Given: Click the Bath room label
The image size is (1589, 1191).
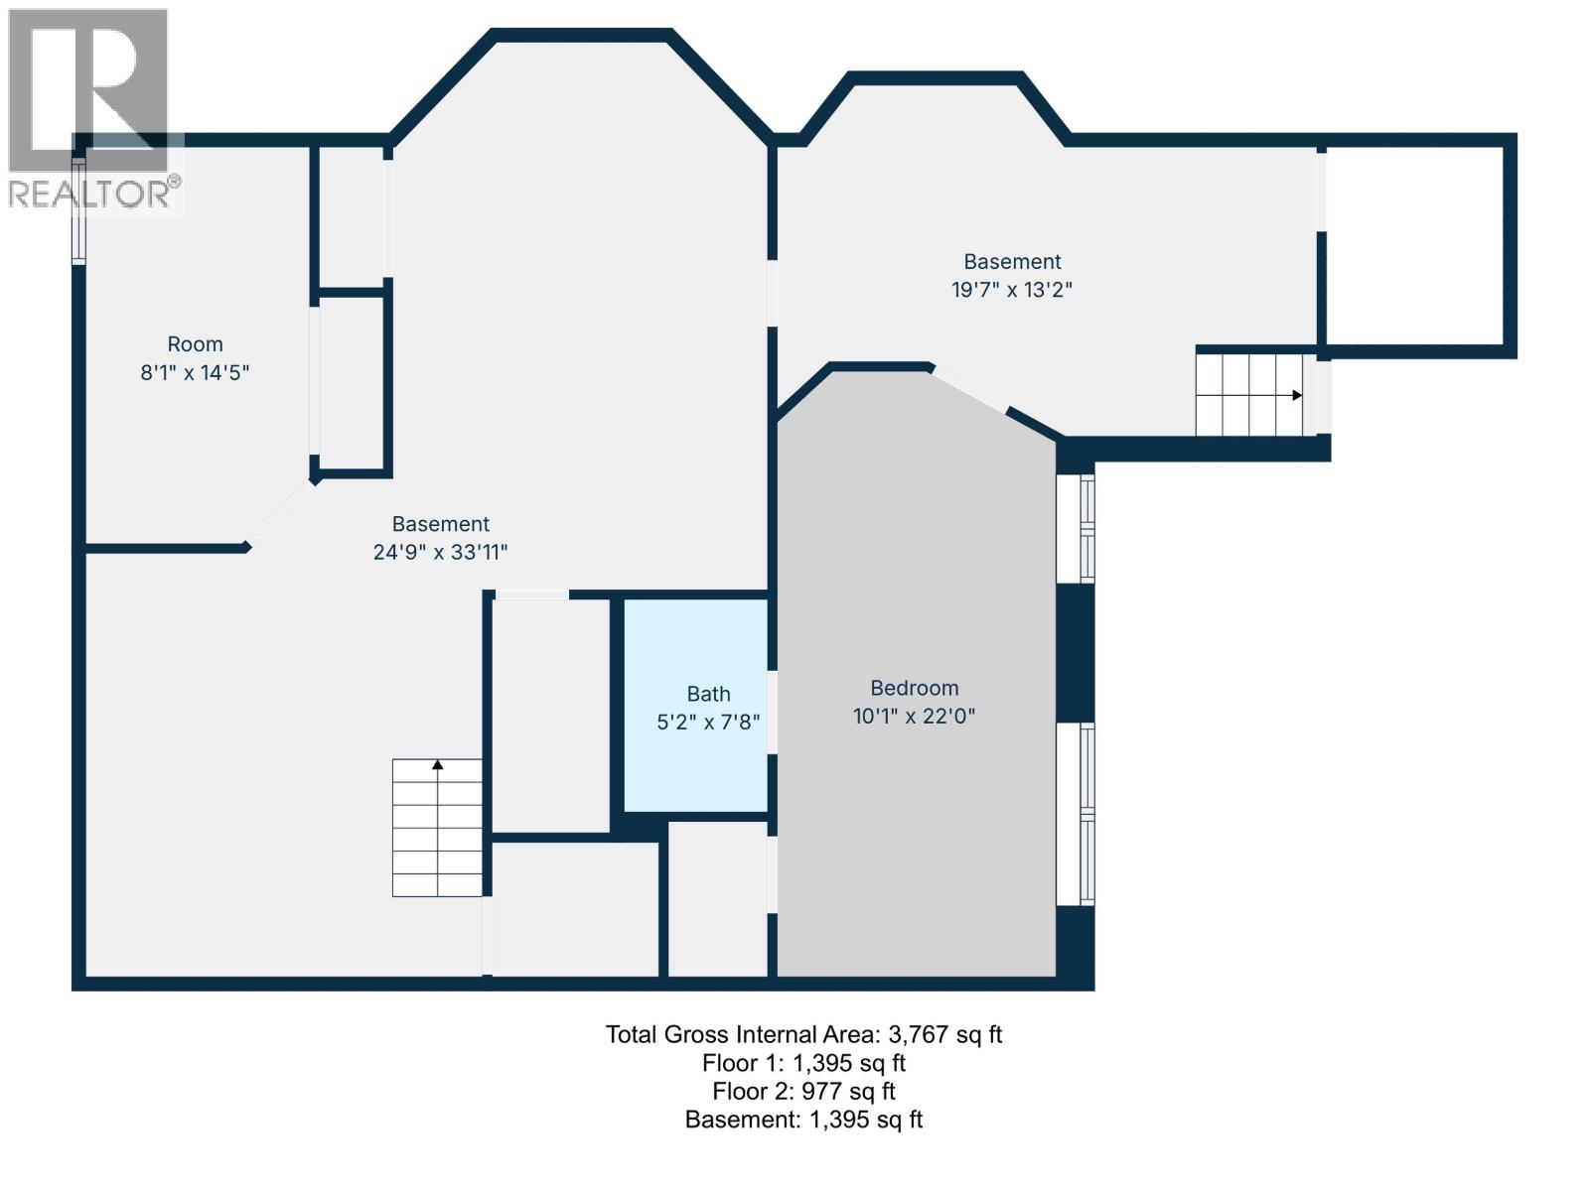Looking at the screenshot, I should tap(708, 694).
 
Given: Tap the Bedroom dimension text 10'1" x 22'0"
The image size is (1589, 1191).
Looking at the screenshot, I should tap(914, 716).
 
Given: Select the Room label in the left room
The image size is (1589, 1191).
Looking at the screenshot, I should tap(195, 344).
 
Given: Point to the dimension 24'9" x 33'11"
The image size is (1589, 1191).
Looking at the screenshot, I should tap(440, 552).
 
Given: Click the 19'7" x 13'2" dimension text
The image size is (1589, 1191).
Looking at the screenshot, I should tap(1012, 290).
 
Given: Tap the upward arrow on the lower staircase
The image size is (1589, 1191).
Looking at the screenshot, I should tap(437, 764).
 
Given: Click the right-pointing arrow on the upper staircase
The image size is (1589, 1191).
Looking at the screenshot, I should tap(1296, 395).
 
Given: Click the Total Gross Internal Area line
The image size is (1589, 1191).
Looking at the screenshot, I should tap(803, 1034).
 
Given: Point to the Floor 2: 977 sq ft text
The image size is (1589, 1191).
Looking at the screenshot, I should tap(803, 1091).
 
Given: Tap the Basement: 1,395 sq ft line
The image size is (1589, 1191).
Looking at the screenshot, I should tap(803, 1120).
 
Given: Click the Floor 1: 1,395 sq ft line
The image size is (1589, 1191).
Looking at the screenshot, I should tap(803, 1063).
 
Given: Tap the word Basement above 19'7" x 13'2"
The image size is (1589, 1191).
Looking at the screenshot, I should tap(1012, 261).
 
